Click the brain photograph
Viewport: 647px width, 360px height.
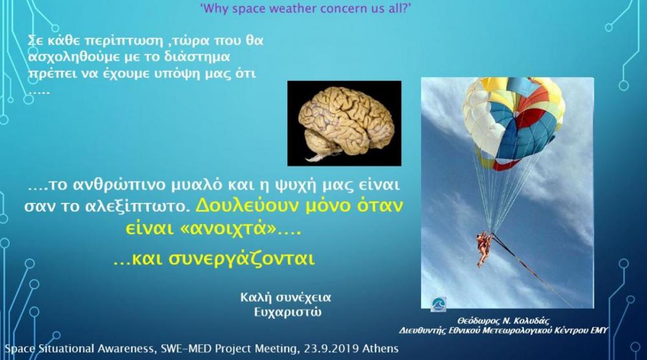[x=344, y=124]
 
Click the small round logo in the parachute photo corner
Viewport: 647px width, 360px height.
[x=438, y=305]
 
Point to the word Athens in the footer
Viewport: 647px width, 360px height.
[x=380, y=349]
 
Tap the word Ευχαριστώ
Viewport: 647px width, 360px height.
[x=288, y=311]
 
